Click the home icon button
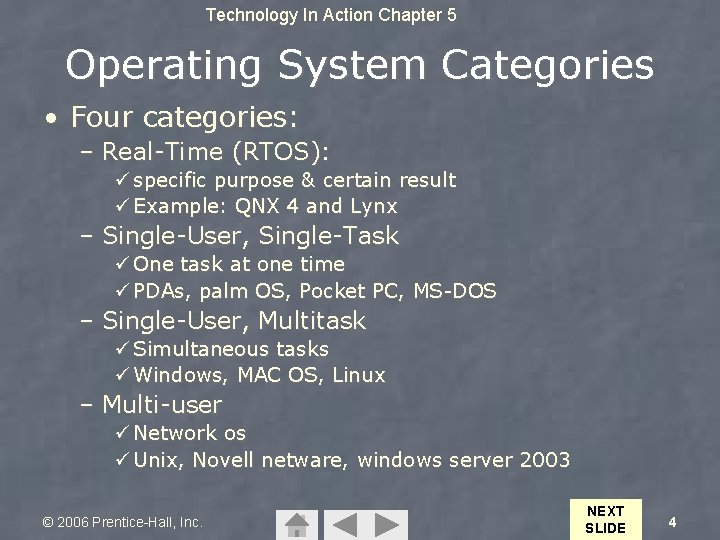(296, 524)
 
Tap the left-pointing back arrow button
(343, 524)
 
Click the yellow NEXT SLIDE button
(604, 519)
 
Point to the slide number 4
(672, 522)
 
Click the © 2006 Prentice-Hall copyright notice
(122, 522)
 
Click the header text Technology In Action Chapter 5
(331, 15)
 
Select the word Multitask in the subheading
(312, 321)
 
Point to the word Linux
(358, 376)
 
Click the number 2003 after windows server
(545, 461)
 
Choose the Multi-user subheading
(162, 405)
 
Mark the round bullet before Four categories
(50, 119)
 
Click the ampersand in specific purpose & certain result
(309, 181)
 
